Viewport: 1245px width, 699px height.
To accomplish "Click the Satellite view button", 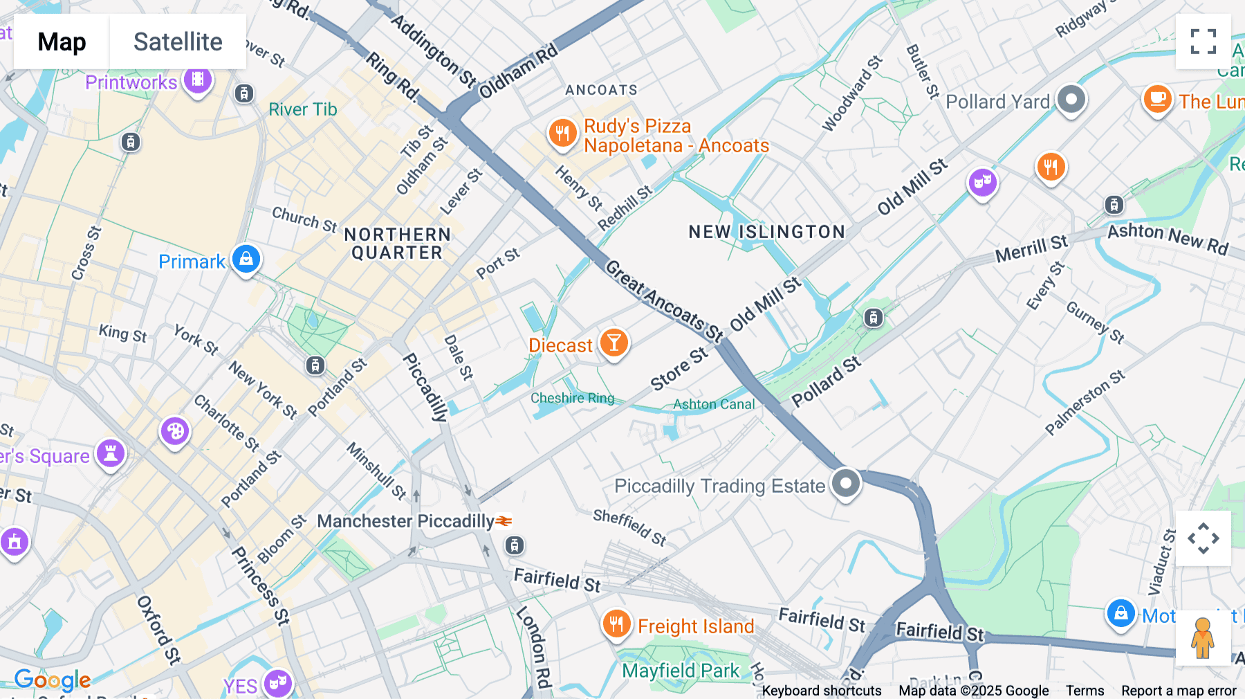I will [178, 42].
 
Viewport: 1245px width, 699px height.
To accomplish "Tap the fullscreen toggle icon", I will [1203, 42].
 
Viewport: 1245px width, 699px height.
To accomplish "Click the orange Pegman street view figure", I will [1203, 637].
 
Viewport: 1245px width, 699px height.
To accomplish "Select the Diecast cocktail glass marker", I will [614, 343].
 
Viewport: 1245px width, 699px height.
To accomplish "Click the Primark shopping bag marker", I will [246, 260].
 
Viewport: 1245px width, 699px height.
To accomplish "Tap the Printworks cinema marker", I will [198, 80].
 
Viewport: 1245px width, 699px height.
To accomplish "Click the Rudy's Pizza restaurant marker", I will [562, 133].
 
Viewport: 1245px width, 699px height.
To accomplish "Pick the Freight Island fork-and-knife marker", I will [616, 624].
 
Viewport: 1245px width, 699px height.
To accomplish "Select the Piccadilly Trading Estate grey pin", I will [845, 483].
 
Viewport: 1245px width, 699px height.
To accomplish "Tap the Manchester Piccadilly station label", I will [405, 521].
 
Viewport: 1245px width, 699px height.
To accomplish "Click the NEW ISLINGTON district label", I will [766, 232].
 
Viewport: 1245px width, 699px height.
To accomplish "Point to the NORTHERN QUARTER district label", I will [398, 244].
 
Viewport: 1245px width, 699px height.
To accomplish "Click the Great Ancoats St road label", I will [664, 301].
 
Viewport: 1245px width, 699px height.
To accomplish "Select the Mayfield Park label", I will [681, 671].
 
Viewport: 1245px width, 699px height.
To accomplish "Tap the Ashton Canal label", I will [714, 404].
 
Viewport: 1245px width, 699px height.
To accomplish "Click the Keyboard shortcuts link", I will [821, 691].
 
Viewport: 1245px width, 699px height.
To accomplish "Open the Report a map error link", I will [1178, 691].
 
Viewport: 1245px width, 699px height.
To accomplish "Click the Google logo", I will [53, 680].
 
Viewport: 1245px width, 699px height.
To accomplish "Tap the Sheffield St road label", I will [629, 527].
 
